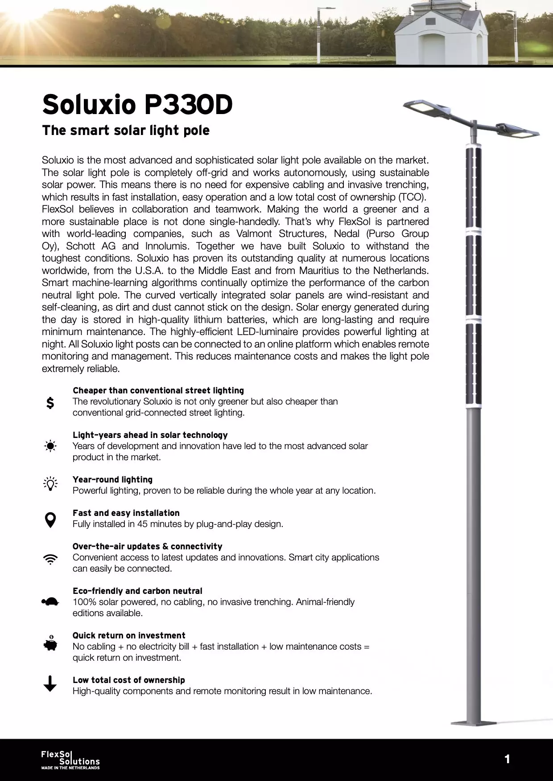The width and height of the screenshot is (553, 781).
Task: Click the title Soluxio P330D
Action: [137, 104]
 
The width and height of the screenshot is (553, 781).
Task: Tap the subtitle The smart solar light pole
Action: [125, 131]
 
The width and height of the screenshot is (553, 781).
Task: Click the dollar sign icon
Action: [50, 403]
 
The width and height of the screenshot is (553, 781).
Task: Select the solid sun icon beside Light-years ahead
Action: [50, 446]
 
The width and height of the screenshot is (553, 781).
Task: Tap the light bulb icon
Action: [50, 484]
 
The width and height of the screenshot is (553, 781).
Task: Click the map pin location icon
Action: [50, 519]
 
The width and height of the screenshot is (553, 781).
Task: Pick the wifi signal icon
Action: [50, 560]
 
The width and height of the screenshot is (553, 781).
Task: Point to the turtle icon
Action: [50, 602]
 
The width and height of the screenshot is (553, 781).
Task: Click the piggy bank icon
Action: [50, 644]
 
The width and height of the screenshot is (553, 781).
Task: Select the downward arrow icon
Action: [50, 683]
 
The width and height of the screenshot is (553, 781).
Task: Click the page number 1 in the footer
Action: [507, 759]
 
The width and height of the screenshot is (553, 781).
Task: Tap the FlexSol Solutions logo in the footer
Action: [70, 760]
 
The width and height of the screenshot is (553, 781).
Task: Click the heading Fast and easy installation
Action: [126, 513]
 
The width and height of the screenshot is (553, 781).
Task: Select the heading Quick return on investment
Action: [129, 635]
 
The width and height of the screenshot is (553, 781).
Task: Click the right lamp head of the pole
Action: [520, 131]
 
